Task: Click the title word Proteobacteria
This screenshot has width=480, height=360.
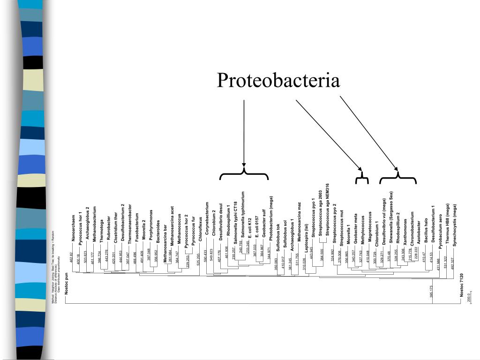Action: coord(278,81)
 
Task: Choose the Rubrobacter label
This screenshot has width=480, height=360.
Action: coord(109,226)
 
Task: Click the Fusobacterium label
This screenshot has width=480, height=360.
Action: coord(137,227)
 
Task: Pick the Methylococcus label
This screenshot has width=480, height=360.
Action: coord(363,228)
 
